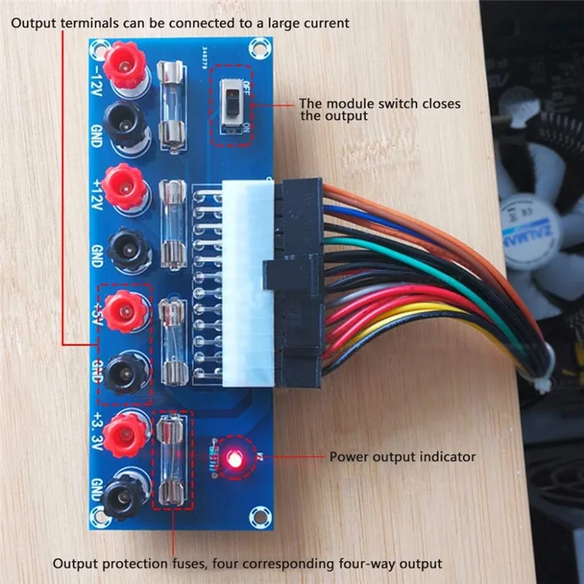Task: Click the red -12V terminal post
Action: pos(122,64)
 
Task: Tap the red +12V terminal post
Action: pos(122,184)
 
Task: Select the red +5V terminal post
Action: pos(122,310)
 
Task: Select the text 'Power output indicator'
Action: pos(402,458)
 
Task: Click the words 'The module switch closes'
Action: pos(380,104)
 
